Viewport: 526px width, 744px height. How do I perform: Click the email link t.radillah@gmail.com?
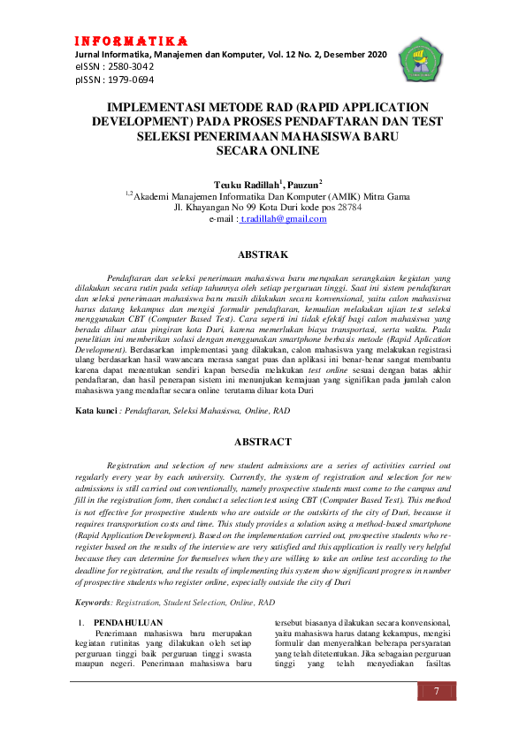coord(284,218)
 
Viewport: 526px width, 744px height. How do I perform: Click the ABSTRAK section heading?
coord(263,255)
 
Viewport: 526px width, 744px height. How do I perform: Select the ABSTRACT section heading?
coord(263,441)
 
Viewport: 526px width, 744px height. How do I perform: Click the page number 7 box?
coord(436,692)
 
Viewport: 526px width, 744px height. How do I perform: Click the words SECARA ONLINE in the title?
coord(263,151)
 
